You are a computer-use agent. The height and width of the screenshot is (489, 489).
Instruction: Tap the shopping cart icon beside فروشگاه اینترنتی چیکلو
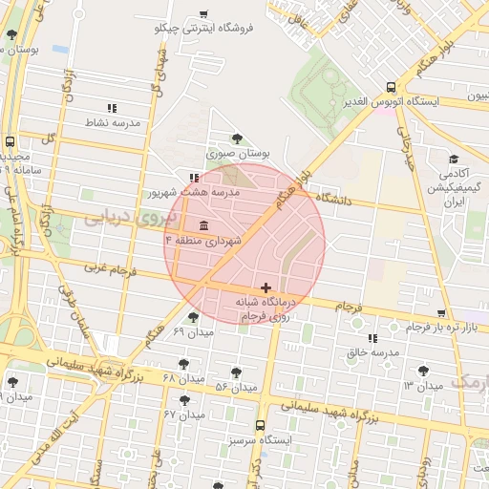[x=203, y=13]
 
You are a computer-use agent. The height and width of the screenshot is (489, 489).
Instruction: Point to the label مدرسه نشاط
[x=113, y=123]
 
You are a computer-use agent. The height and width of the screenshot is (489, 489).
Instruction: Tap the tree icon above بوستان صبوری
[x=237, y=138]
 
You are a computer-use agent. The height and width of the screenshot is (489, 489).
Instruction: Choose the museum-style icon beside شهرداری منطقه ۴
[x=204, y=225]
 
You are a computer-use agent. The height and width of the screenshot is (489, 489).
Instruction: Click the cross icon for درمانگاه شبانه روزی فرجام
[x=266, y=287]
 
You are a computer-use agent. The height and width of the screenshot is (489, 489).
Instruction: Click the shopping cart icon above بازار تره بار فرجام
[x=440, y=312]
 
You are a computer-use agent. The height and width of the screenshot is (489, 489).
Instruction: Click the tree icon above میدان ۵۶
[x=236, y=372]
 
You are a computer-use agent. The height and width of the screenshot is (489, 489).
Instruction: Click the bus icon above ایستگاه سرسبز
[x=260, y=426]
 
